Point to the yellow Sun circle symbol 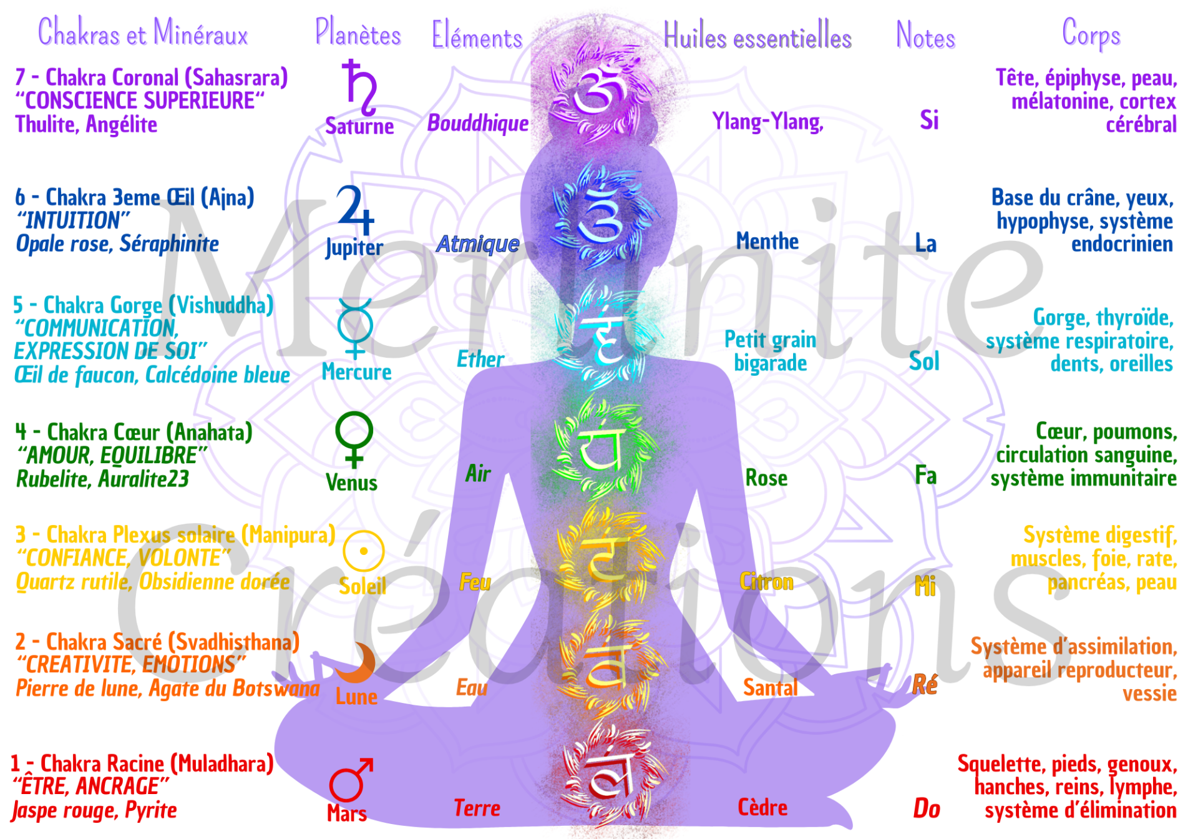pyautogui.click(x=363, y=551)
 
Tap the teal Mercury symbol pyautogui.click(x=355, y=327)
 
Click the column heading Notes pyautogui.click(x=925, y=36)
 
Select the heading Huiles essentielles pyautogui.click(x=757, y=36)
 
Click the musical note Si pyautogui.click(x=928, y=120)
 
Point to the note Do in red pyautogui.click(x=927, y=808)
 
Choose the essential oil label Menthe pyautogui.click(x=767, y=242)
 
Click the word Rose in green pyautogui.click(x=766, y=478)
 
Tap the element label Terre pyautogui.click(x=477, y=808)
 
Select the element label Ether pyautogui.click(x=480, y=360)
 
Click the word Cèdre pyautogui.click(x=762, y=808)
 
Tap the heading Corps pyautogui.click(x=1091, y=35)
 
